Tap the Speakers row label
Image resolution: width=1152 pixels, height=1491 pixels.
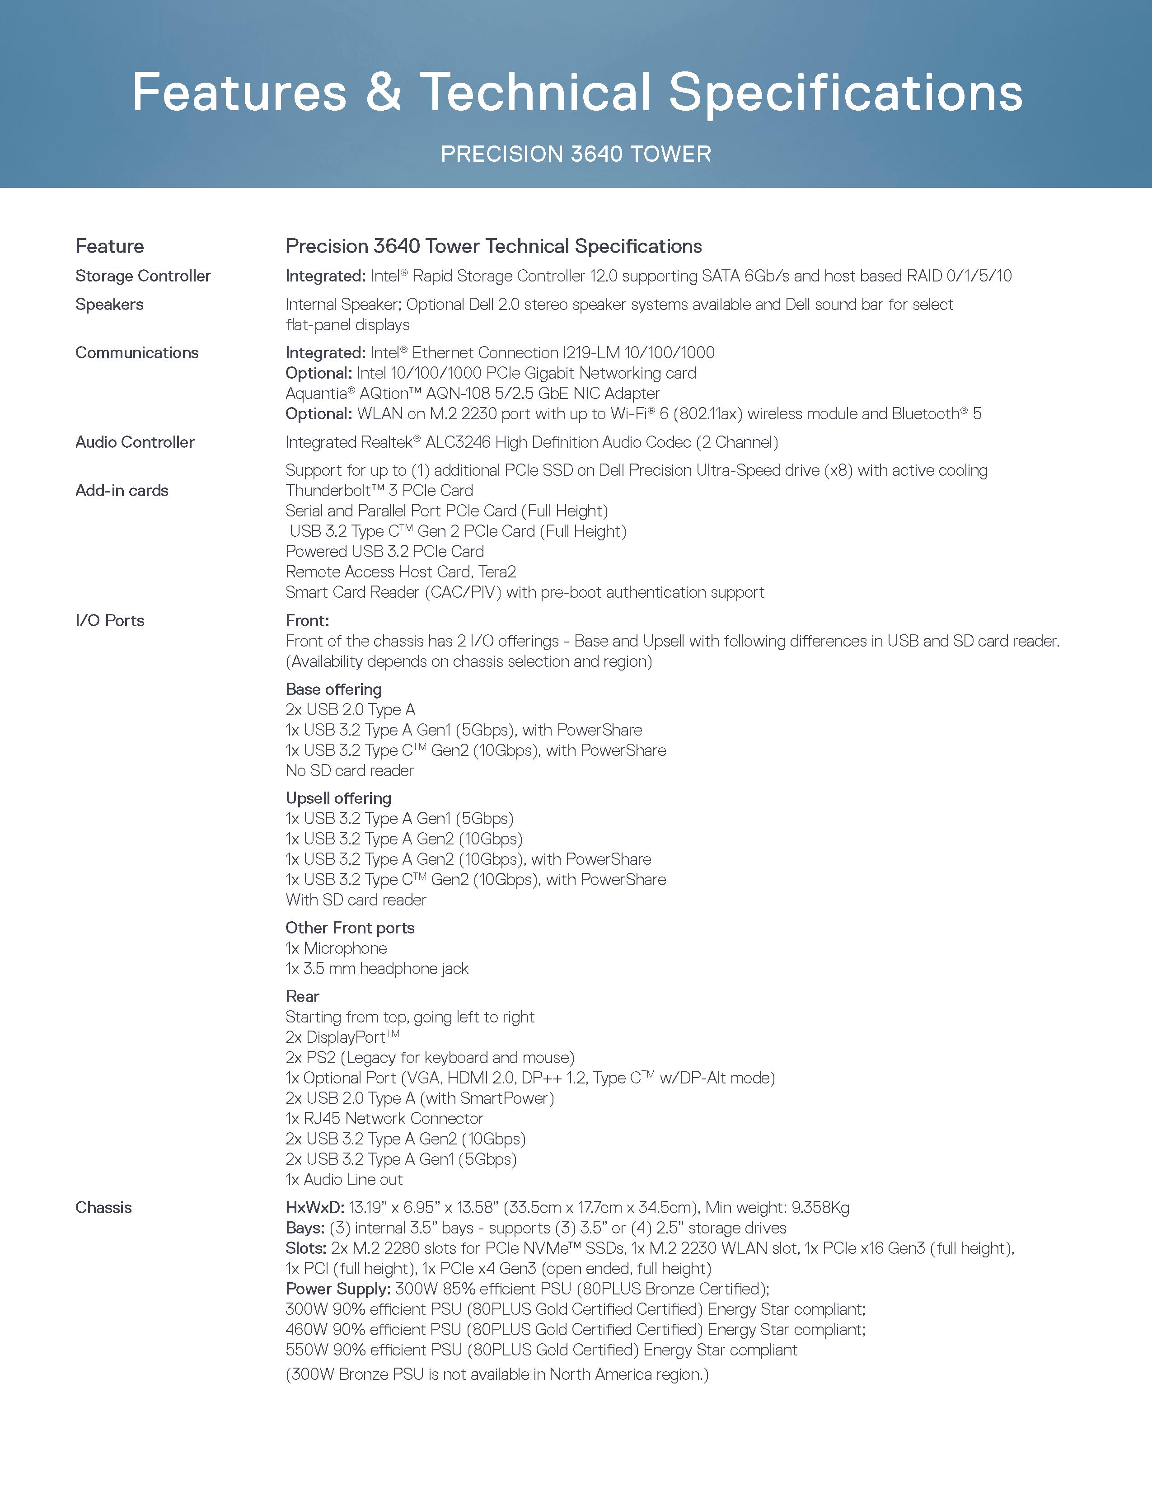click(x=109, y=305)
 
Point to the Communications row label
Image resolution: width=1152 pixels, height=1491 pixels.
click(x=136, y=353)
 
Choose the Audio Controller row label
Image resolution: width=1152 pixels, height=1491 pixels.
click(x=135, y=442)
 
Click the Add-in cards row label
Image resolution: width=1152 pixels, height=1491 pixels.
click(x=122, y=491)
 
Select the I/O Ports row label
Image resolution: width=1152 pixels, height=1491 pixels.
click(x=110, y=620)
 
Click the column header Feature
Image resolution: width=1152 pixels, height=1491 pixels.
click(x=109, y=246)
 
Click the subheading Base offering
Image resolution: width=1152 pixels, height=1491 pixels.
click(x=334, y=689)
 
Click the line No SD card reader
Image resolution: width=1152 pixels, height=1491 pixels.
click(x=349, y=771)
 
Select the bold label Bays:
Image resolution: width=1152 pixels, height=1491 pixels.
click(x=305, y=1228)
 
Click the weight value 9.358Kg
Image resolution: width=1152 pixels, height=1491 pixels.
click(x=820, y=1208)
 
